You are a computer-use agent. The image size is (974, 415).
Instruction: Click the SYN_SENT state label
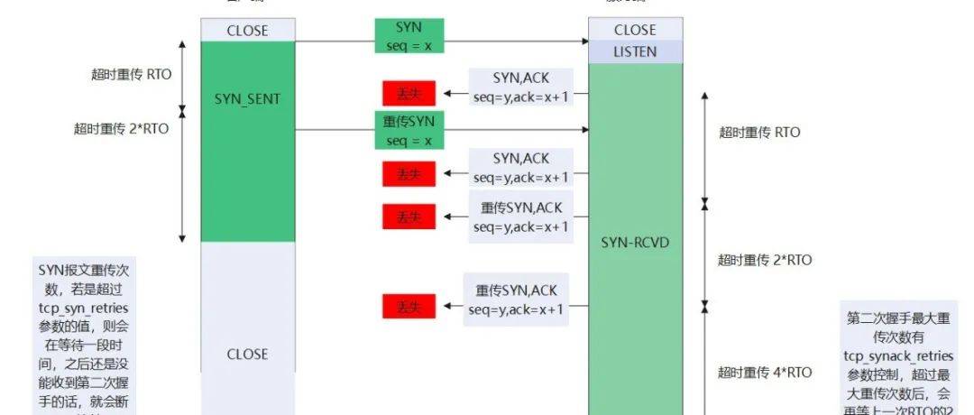click(247, 98)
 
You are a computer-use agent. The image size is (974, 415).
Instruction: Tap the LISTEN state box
click(635, 51)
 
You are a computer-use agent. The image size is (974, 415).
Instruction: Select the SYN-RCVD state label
click(635, 242)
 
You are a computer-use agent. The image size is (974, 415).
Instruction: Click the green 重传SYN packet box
click(409, 131)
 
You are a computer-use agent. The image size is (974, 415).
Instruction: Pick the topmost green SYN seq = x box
click(409, 35)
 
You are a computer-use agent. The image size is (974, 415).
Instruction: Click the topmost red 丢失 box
click(409, 93)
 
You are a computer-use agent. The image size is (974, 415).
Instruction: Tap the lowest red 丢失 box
click(409, 307)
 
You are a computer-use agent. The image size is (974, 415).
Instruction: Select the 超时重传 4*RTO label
click(765, 372)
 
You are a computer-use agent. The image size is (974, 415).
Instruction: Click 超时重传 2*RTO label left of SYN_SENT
click(121, 128)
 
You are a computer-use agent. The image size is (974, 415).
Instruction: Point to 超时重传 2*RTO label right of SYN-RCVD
click(765, 260)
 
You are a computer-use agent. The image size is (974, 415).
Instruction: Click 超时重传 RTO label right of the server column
click(759, 132)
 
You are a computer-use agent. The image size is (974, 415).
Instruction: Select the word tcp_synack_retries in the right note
click(898, 356)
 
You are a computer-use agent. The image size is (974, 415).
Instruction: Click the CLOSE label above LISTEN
click(635, 30)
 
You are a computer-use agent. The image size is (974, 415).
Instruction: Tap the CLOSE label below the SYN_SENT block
click(247, 354)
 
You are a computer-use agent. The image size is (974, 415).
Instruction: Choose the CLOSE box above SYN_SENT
click(247, 30)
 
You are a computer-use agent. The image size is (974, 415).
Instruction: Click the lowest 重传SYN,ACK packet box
click(517, 300)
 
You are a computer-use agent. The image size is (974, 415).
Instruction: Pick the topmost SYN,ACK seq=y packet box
click(521, 88)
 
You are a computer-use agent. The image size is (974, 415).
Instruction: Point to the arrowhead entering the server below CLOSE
click(583, 41)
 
